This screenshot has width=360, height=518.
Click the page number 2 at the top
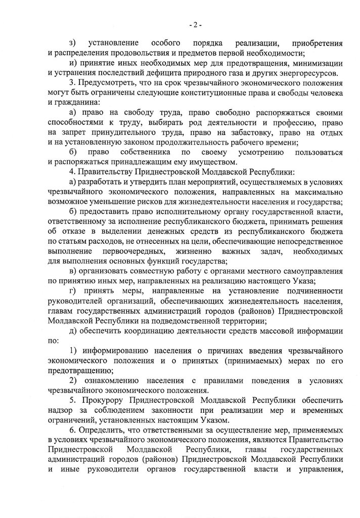[x=195, y=23]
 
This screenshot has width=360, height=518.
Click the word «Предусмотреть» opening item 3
[x=108, y=83]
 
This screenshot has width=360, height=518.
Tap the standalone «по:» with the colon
[x=53, y=340]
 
